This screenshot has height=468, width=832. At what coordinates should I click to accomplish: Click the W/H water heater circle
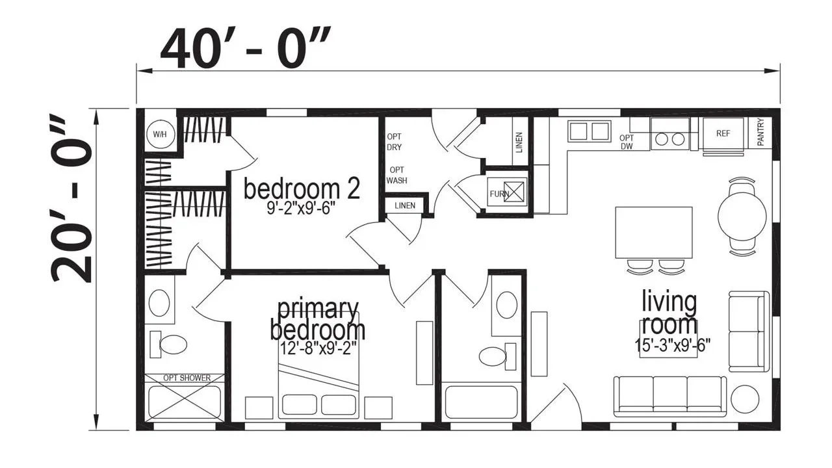(160, 134)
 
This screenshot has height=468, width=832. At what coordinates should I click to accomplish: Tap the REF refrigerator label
(723, 133)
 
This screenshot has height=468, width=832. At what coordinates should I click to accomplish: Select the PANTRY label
(760, 132)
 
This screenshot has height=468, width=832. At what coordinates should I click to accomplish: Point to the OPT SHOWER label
(187, 378)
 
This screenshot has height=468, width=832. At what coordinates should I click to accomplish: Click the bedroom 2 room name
(302, 188)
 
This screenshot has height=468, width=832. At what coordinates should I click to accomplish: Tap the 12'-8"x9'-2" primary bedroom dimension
(318, 348)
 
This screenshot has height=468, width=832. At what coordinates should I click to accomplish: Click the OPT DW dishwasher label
(627, 142)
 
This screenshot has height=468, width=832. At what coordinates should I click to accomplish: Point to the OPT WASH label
(396, 175)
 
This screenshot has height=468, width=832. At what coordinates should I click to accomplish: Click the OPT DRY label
(394, 142)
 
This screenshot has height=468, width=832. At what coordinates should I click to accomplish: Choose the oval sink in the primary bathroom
(159, 303)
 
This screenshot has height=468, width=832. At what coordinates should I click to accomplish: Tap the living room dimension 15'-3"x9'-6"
(672, 345)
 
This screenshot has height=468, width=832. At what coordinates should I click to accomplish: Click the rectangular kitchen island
(654, 233)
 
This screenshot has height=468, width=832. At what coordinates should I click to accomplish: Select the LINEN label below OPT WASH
(405, 205)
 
